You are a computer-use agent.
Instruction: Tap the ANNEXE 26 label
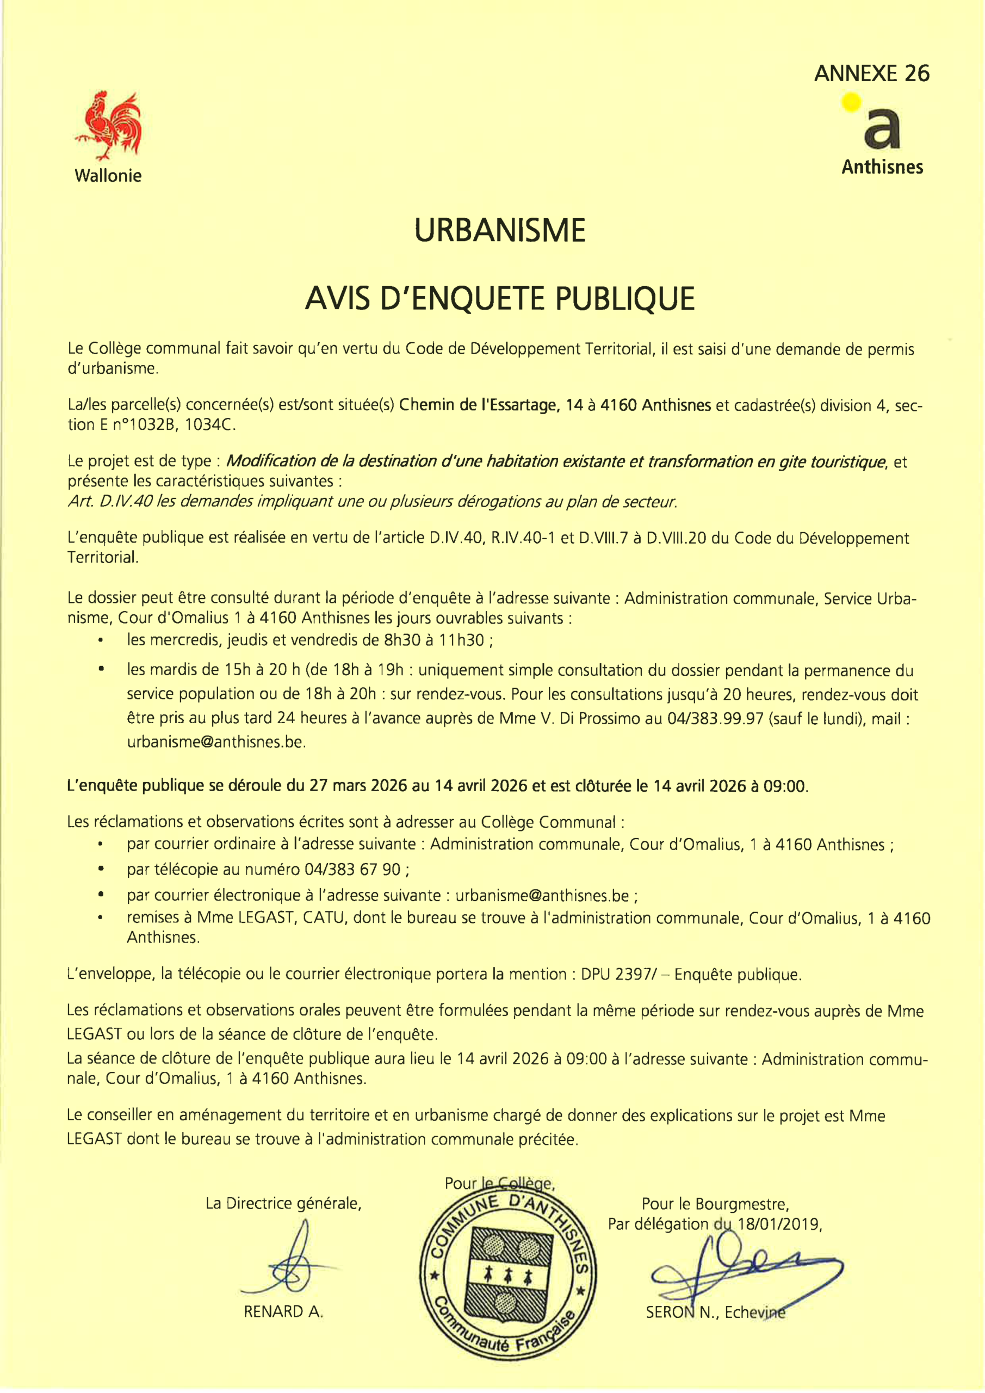[x=871, y=73]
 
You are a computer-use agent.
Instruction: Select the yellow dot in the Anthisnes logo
[x=852, y=102]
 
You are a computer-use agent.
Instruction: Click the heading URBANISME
[x=500, y=231]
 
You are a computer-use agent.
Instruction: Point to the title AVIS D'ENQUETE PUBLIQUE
[x=500, y=299]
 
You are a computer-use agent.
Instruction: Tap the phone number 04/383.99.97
[x=715, y=718]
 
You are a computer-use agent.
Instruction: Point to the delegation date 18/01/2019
[x=778, y=1224]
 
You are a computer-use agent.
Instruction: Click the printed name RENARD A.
[x=283, y=1312]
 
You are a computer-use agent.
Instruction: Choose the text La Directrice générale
[x=283, y=1203]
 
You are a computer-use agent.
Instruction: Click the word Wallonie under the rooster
[x=108, y=176]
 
